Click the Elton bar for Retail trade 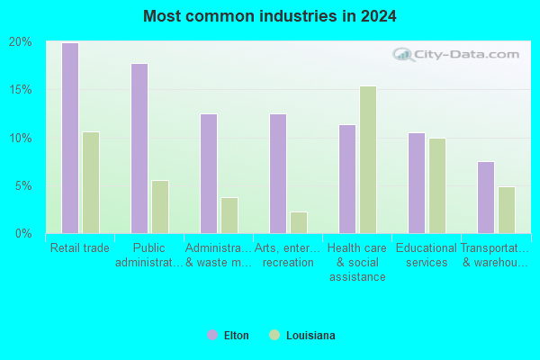70,138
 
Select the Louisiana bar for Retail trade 91,183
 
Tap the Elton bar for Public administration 139,148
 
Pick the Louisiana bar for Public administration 160,207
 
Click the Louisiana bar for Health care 368,160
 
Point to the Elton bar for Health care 347,179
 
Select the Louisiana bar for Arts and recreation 299,222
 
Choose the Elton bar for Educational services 417,184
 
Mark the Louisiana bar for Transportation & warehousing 507,210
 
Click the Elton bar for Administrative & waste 209,174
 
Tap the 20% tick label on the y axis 21,42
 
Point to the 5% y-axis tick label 23,186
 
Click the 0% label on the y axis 23,234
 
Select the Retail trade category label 80,248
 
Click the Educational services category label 427,256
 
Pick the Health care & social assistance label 357,263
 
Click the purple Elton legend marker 212,335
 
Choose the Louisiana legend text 310,336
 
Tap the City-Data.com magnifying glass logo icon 402,54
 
